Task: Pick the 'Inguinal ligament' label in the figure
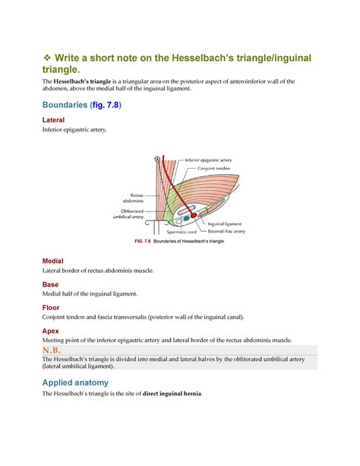click(226, 223)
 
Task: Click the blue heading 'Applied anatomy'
click(75, 382)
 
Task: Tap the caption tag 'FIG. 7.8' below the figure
click(143, 240)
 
